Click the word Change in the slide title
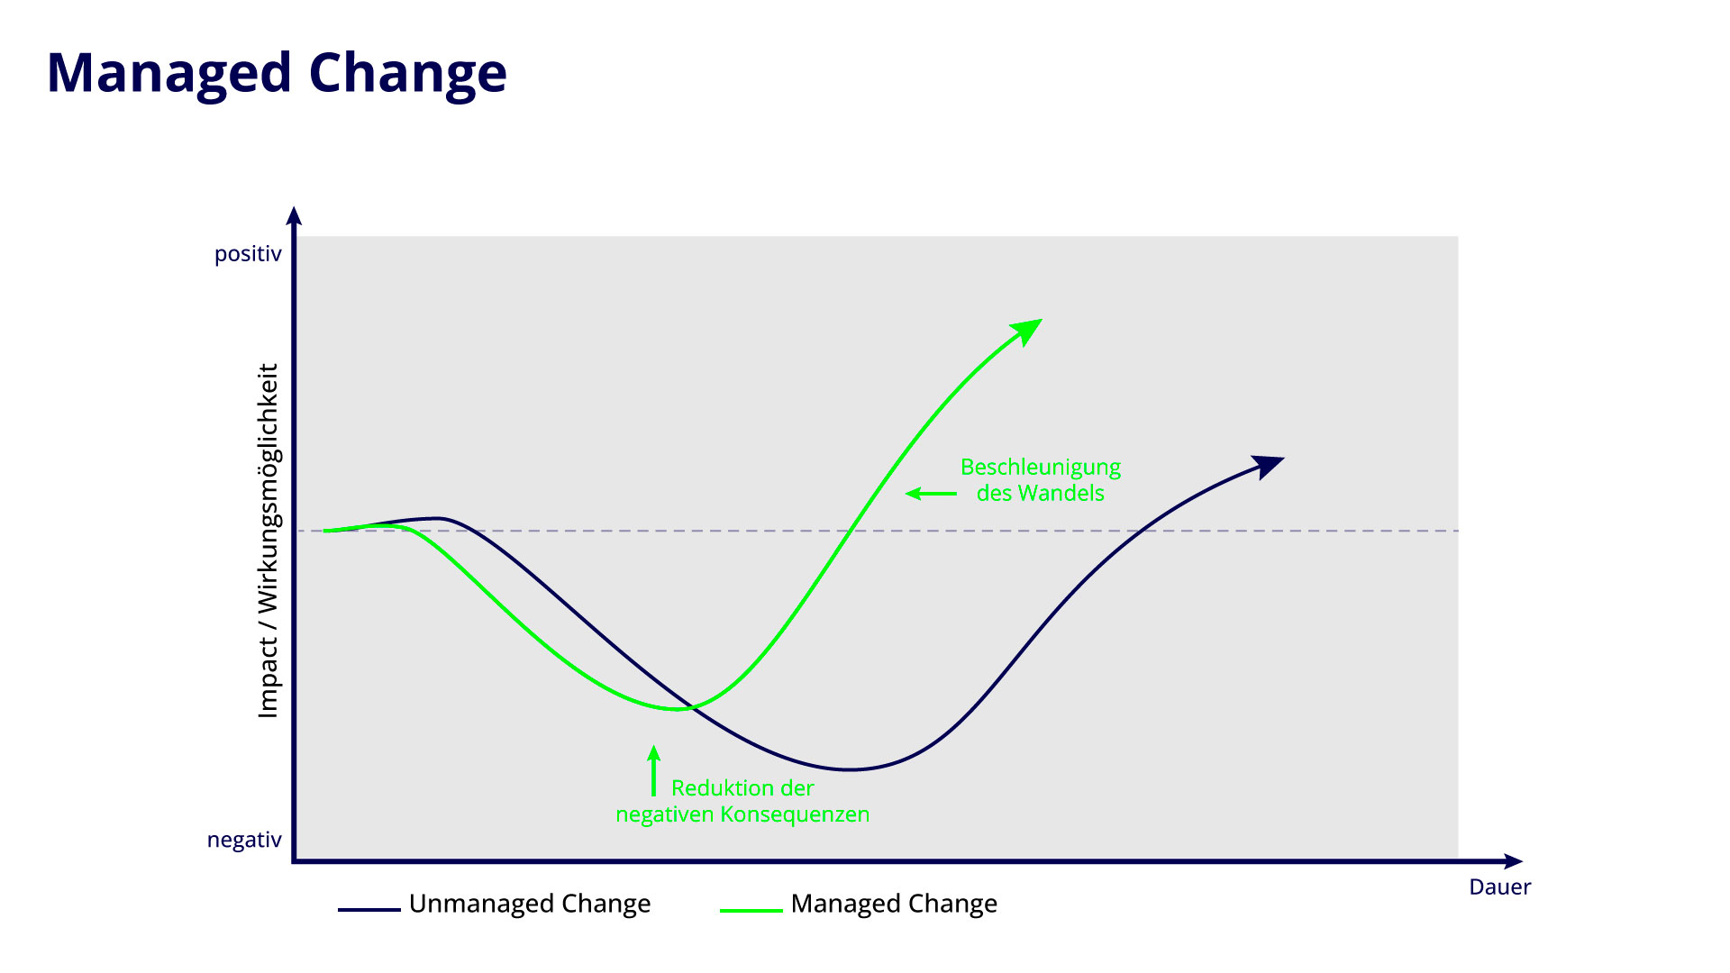pyautogui.click(x=407, y=74)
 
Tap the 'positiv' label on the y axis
pyautogui.click(x=248, y=254)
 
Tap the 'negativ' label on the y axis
pyautogui.click(x=244, y=840)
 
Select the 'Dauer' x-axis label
pyautogui.click(x=1499, y=887)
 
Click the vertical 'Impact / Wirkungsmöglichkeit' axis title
pyautogui.click(x=269, y=541)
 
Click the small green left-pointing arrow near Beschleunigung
pyautogui.click(x=931, y=494)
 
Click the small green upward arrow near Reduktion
pyautogui.click(x=654, y=770)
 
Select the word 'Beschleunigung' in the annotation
pyautogui.click(x=1041, y=468)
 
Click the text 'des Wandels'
pyautogui.click(x=1040, y=494)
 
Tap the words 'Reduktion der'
pyautogui.click(x=742, y=788)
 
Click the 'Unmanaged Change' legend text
pyautogui.click(x=530, y=904)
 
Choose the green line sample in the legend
pyautogui.click(x=751, y=911)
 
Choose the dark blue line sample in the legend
pyautogui.click(x=369, y=910)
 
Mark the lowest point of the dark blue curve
pyautogui.click(x=849, y=769)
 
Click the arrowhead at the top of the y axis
pyautogui.click(x=294, y=216)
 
